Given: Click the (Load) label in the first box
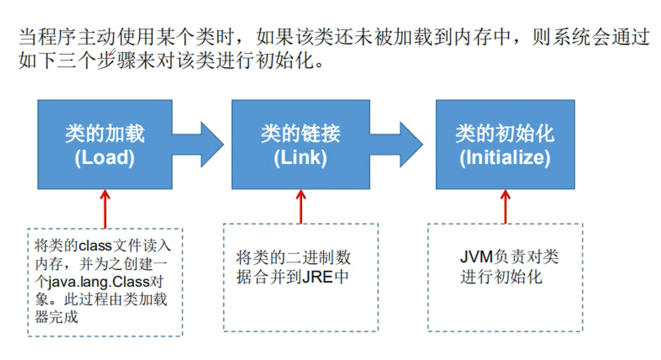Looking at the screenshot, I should pos(105,158).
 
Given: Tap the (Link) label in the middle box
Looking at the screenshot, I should pos(301,158).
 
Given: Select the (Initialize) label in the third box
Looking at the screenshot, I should pos(505,158).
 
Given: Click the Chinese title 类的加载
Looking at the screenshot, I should pos(105,134).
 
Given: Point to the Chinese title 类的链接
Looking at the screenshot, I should pos(301,134).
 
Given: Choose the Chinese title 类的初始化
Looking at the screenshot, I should pos(505,134).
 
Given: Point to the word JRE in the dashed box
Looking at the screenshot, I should pos(317,276).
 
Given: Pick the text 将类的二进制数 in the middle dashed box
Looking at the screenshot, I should pos(294,257).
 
